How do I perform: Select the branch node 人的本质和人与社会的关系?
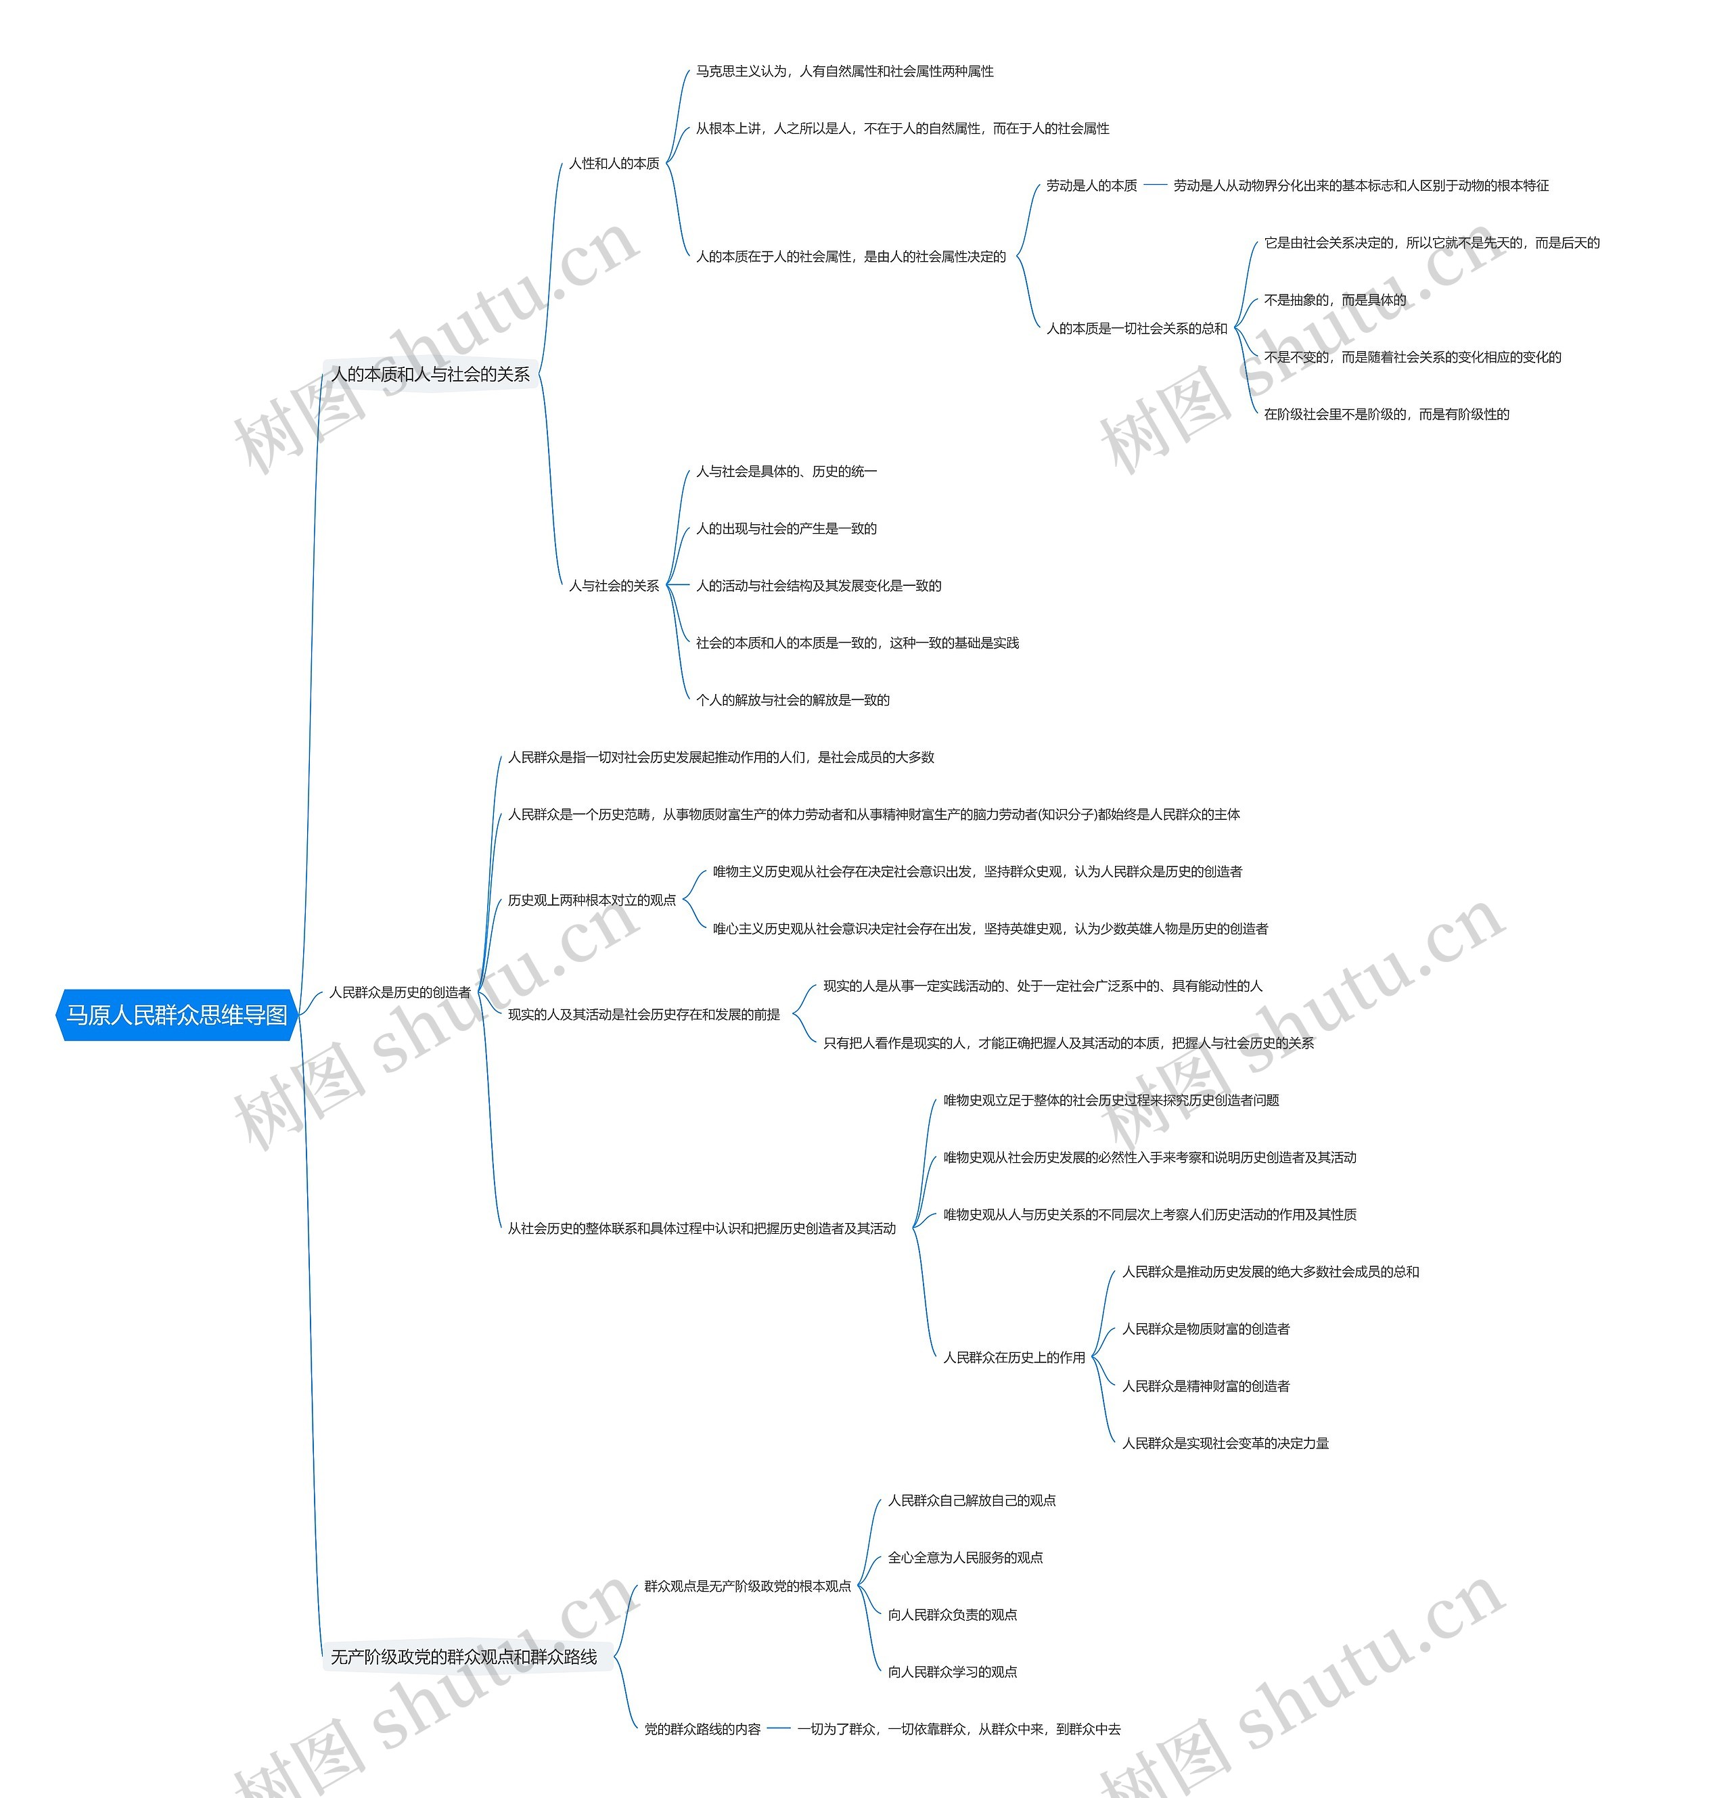(430, 374)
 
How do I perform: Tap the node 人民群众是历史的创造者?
(400, 992)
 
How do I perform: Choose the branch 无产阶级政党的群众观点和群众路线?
(464, 1657)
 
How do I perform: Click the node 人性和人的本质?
(614, 163)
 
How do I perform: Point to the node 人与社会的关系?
(614, 585)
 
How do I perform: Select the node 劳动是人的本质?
(1092, 185)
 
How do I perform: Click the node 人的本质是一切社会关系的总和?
(1137, 328)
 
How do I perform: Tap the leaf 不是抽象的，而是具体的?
(1335, 300)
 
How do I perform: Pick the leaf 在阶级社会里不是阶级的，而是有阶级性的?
(1386, 414)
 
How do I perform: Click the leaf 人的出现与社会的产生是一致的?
(786, 528)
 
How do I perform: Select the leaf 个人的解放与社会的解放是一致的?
(793, 700)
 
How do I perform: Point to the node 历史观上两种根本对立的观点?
(592, 900)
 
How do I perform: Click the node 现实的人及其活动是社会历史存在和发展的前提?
(644, 1015)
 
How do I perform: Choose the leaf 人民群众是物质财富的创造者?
(1206, 1329)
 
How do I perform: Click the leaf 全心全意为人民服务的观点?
(965, 1558)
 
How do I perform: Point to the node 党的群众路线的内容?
(703, 1729)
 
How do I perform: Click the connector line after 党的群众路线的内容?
(779, 1729)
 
